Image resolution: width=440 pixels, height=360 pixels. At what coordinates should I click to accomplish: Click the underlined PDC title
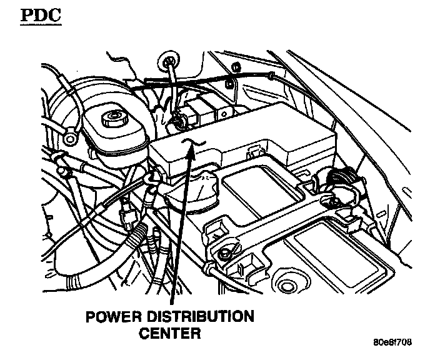coord(42,14)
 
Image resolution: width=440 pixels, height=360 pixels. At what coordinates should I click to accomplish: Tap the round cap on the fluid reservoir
coord(114,117)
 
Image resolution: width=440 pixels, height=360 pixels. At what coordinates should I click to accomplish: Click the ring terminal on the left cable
coord(71,132)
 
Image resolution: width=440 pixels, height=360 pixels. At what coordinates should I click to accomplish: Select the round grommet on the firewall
coord(166,61)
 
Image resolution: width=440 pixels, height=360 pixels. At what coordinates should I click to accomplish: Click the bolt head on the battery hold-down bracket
coord(223,253)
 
